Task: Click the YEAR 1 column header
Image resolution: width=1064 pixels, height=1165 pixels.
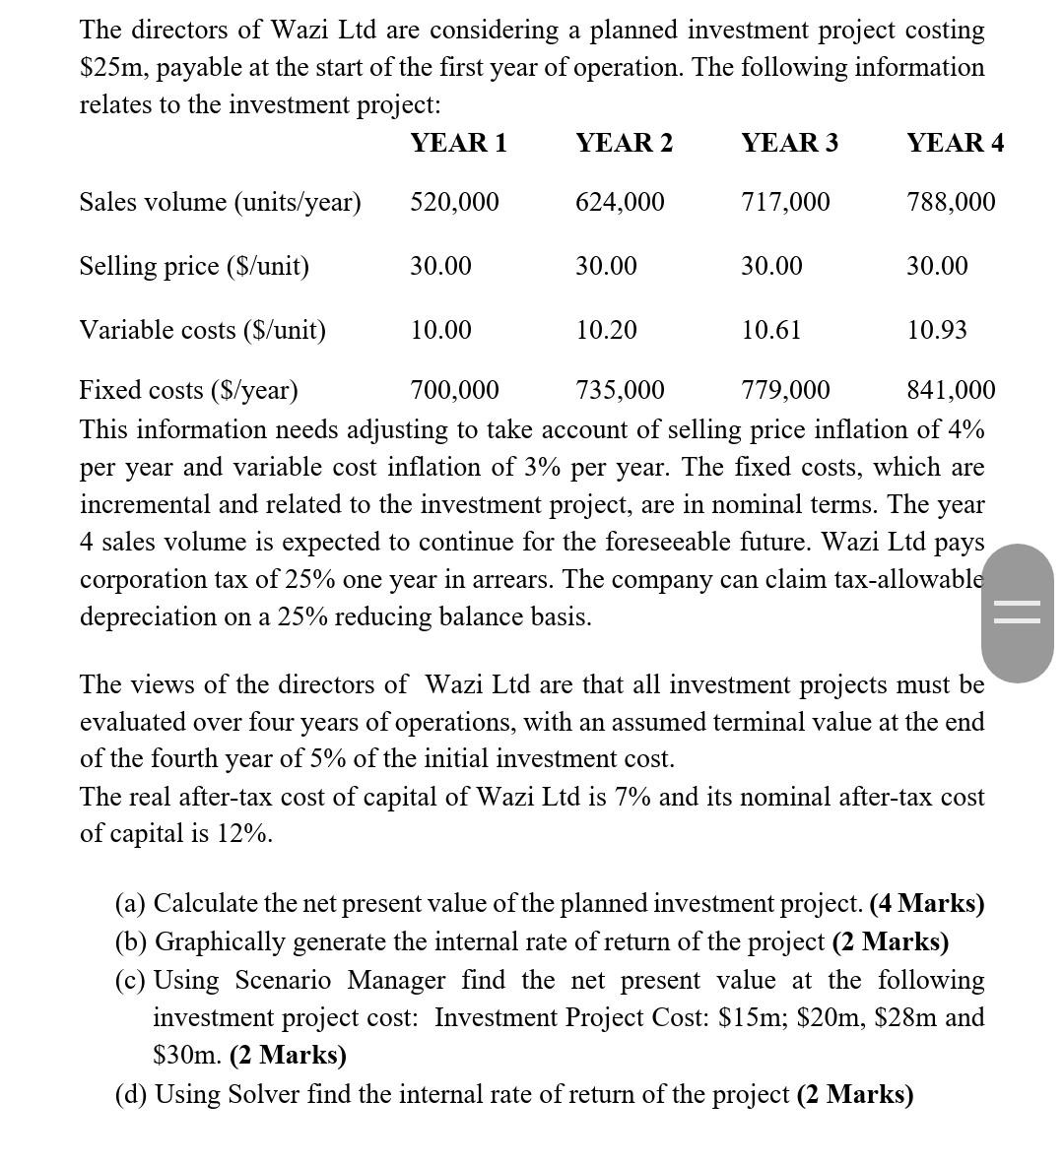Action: click(458, 143)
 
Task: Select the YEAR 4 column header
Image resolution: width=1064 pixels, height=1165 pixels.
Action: click(955, 143)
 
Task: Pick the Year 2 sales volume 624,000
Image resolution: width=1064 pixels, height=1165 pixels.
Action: click(620, 202)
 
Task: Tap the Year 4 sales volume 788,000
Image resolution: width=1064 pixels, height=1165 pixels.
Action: click(951, 202)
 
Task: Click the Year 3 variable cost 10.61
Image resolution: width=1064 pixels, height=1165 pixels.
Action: click(771, 330)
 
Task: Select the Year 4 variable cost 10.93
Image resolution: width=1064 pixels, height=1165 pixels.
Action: click(937, 330)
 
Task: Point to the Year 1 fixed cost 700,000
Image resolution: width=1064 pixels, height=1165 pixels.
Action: click(454, 391)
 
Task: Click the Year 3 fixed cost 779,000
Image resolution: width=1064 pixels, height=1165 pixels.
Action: click(785, 391)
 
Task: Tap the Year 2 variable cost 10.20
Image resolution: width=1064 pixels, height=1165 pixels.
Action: click(606, 330)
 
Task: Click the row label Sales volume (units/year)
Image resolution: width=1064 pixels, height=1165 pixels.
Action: click(220, 202)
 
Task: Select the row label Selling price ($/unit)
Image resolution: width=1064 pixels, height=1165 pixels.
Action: click(194, 266)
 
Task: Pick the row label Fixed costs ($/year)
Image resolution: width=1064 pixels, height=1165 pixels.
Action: click(188, 391)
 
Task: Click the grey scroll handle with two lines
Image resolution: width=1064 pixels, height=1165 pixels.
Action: click(1017, 613)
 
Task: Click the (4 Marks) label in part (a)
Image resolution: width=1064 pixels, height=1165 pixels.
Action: click(926, 903)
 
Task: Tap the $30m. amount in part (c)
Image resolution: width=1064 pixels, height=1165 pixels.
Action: click(187, 1055)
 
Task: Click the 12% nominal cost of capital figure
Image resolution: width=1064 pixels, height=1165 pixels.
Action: click(243, 833)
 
